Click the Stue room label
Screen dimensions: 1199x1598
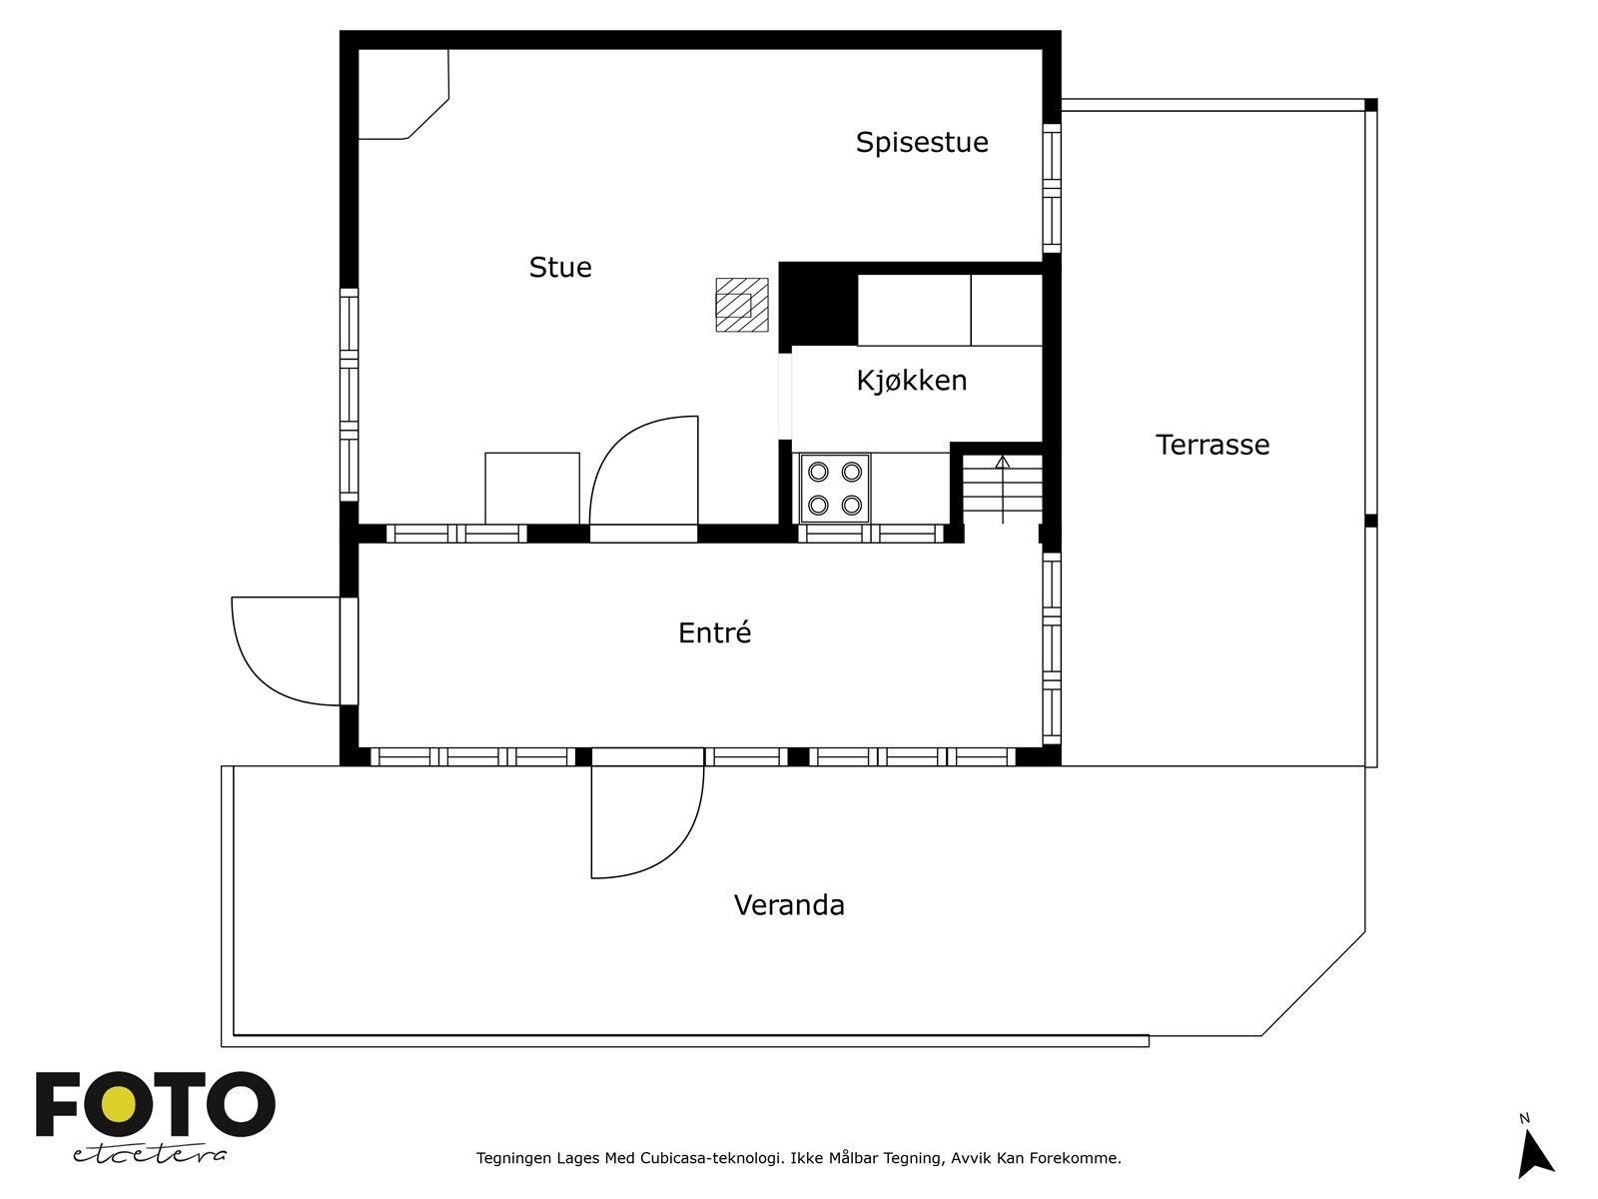[560, 268]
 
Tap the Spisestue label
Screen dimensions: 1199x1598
[921, 143]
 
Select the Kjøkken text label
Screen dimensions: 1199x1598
[911, 381]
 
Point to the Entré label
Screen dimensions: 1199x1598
[714, 633]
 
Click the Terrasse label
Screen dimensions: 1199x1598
[1211, 445]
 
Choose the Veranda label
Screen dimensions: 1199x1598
[789, 905]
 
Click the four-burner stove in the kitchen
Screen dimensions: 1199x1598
[835, 489]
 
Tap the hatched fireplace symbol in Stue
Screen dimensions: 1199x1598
[741, 305]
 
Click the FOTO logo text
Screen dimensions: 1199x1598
[155, 1105]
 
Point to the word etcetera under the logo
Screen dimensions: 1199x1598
[150, 1155]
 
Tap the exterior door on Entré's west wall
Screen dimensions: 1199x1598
[285, 649]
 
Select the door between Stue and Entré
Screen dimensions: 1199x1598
[644, 475]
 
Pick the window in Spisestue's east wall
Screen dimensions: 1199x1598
[1051, 188]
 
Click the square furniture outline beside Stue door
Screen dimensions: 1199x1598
[531, 488]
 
